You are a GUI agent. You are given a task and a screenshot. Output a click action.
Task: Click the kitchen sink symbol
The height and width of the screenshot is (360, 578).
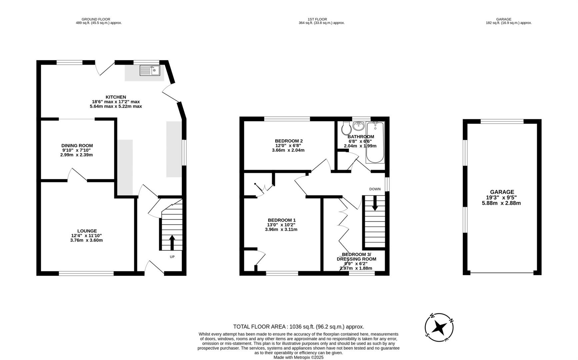tap(150, 70)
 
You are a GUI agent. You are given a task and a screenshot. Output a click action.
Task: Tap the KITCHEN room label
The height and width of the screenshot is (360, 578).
tap(116, 97)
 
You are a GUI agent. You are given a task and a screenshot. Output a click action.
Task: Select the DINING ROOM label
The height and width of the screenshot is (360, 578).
tap(77, 146)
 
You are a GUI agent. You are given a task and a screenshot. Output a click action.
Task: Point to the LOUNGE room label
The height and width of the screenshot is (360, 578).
tap(87, 231)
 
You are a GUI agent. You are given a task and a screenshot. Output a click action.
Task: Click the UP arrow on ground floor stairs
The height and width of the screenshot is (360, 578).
tap(172, 243)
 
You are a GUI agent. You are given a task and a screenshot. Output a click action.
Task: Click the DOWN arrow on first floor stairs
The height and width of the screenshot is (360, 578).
tap(375, 203)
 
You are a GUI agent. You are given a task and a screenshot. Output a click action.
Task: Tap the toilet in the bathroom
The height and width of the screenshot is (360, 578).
tap(346, 128)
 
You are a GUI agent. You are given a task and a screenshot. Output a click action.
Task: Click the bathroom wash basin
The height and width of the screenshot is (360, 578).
tap(359, 126)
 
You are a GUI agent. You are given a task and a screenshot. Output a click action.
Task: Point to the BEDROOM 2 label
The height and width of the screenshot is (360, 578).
tap(289, 141)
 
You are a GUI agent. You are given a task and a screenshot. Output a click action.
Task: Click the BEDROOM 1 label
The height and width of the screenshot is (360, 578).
tap(282, 220)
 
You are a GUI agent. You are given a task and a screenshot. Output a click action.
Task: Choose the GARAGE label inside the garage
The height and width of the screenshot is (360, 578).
tap(502, 192)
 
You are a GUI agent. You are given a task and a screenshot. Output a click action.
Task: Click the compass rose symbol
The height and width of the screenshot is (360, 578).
tap(439, 328)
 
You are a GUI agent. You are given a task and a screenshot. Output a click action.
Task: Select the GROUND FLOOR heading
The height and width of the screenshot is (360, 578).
tap(96, 19)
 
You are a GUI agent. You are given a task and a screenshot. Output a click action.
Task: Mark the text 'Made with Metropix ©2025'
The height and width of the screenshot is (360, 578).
tap(298, 357)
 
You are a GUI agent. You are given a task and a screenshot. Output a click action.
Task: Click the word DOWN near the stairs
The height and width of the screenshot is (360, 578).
tap(375, 189)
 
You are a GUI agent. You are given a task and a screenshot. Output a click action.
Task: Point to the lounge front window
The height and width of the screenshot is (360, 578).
tap(86, 274)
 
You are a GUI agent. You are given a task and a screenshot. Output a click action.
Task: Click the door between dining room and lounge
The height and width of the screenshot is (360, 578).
tap(77, 176)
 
